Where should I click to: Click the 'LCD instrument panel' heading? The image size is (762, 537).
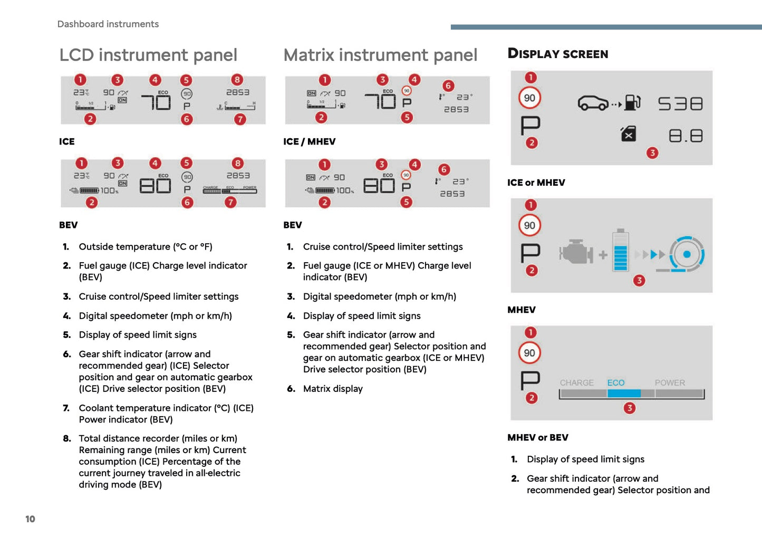(x=148, y=55)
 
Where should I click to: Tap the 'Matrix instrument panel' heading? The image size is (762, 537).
(x=380, y=55)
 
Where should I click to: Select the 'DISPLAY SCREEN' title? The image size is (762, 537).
(x=557, y=54)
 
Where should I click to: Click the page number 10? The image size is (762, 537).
(x=30, y=519)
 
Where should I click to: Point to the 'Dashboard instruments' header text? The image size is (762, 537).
(x=108, y=24)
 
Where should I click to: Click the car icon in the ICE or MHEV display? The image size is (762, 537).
(x=593, y=103)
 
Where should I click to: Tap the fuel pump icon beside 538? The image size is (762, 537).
(x=632, y=102)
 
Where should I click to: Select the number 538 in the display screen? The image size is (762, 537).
(x=680, y=103)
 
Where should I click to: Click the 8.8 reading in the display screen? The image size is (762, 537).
(x=686, y=136)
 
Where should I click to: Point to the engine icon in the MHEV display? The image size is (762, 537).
(x=576, y=253)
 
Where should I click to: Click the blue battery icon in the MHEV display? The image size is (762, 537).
(x=621, y=251)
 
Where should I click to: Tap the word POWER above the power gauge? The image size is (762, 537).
(x=670, y=383)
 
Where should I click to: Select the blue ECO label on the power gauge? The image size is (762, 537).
(x=615, y=383)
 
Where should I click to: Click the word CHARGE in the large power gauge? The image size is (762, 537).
(x=576, y=383)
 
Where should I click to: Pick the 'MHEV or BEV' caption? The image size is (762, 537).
(x=537, y=437)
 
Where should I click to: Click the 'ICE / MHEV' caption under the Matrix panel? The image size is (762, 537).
(x=309, y=141)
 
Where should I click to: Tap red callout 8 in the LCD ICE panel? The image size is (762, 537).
(x=237, y=80)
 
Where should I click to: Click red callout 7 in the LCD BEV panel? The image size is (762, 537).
(x=230, y=202)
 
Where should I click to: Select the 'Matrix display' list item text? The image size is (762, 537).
(x=333, y=389)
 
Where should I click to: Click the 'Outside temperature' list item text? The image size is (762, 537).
(x=146, y=247)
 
